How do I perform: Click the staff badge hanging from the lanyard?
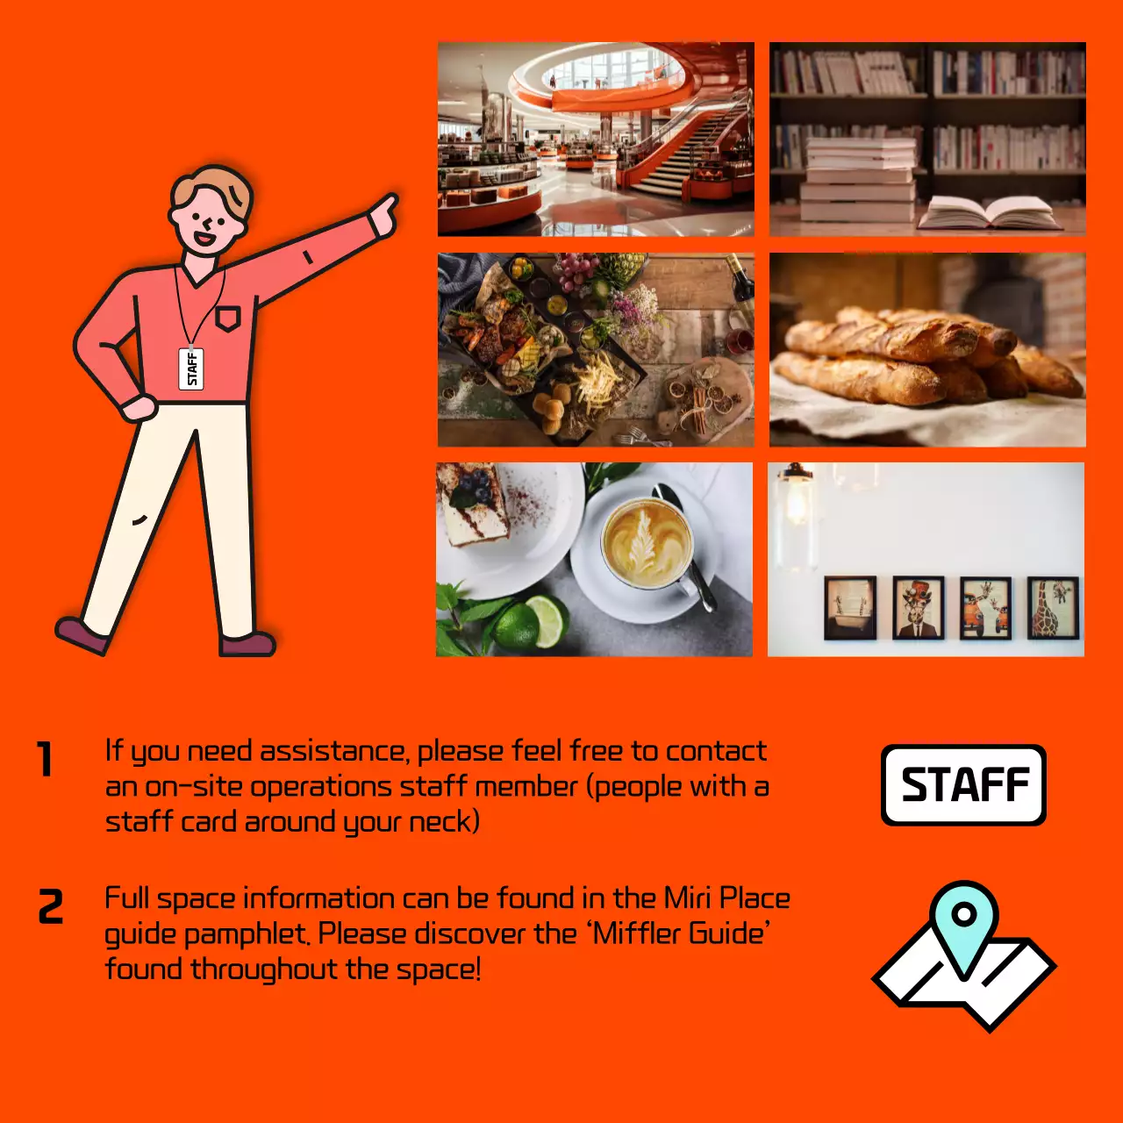click(191, 368)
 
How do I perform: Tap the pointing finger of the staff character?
click(387, 209)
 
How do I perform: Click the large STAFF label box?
click(963, 785)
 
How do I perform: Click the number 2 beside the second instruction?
click(51, 907)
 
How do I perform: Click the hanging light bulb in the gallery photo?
click(797, 509)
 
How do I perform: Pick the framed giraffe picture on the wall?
click(1053, 607)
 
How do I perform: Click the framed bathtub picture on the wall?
click(849, 607)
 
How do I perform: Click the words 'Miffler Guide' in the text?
click(681, 933)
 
